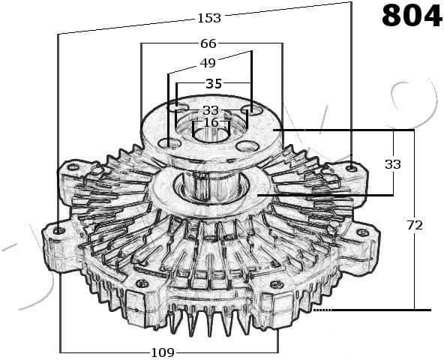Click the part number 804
click(x=411, y=16)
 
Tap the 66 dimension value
click(x=208, y=43)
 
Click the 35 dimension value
click(x=213, y=82)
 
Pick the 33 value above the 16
click(x=211, y=110)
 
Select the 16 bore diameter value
click(x=211, y=122)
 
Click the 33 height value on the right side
click(x=392, y=163)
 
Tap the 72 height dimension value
click(x=414, y=224)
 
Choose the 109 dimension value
click(x=163, y=352)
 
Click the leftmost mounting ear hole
click(x=59, y=229)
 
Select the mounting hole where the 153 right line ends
click(x=350, y=167)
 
